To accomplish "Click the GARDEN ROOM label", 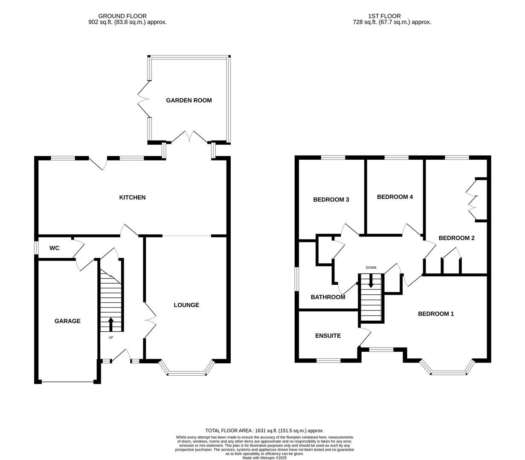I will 189,101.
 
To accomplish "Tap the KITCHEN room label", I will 132,198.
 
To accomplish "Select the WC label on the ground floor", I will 54,248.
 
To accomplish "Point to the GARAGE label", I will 67,321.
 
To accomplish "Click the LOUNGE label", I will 186,305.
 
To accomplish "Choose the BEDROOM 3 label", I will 331,200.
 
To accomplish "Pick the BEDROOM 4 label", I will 395,197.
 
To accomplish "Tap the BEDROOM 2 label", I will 456,238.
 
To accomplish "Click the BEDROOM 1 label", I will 435,314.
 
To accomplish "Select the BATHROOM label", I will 328,297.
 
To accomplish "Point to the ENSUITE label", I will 328,336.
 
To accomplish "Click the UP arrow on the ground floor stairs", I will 111,324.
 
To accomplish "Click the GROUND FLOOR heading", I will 122,16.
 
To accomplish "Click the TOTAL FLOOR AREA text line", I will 264,431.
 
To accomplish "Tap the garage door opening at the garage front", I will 67,382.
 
